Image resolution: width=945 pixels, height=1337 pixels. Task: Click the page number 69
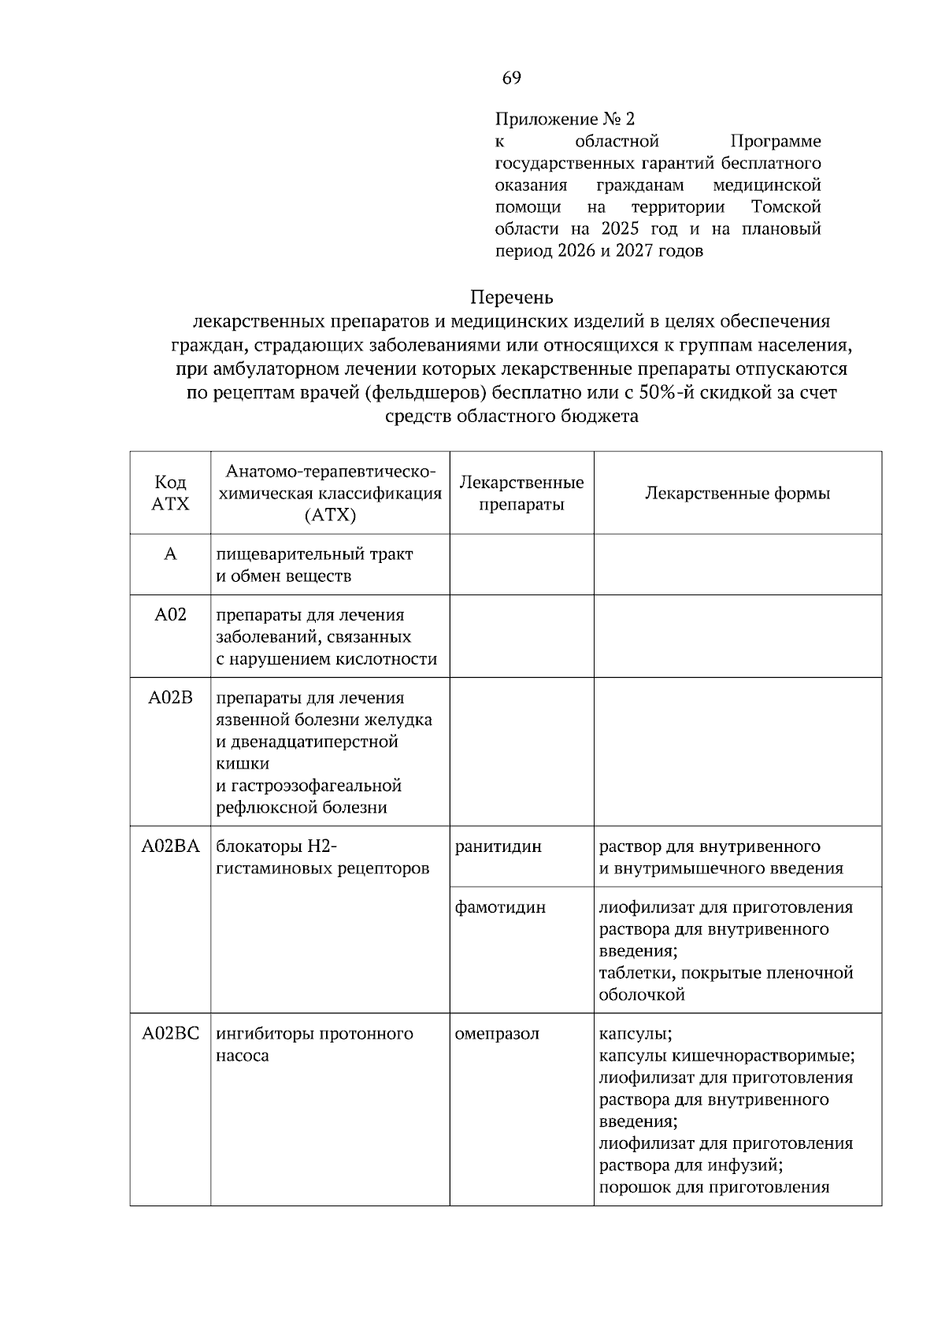[511, 78]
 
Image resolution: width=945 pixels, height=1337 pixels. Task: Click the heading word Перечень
[511, 298]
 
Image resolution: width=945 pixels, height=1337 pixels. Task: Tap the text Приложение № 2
[564, 120]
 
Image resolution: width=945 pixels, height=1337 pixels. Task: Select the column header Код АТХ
[170, 493]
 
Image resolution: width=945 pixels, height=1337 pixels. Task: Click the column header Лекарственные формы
[737, 494]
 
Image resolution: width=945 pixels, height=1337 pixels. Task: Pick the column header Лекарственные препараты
[521, 493]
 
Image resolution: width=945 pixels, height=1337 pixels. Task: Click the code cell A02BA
[170, 846]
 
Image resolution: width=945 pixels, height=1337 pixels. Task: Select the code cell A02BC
[170, 1034]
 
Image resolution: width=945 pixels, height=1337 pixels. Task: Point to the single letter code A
[170, 554]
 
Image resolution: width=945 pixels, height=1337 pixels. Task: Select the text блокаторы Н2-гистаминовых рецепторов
[323, 857]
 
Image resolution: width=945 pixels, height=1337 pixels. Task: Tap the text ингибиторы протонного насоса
[314, 1044]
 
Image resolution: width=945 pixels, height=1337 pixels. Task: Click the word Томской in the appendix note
[786, 207]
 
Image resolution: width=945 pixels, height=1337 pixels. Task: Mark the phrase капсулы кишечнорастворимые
[726, 1055]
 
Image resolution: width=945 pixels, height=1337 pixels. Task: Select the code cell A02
[170, 615]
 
